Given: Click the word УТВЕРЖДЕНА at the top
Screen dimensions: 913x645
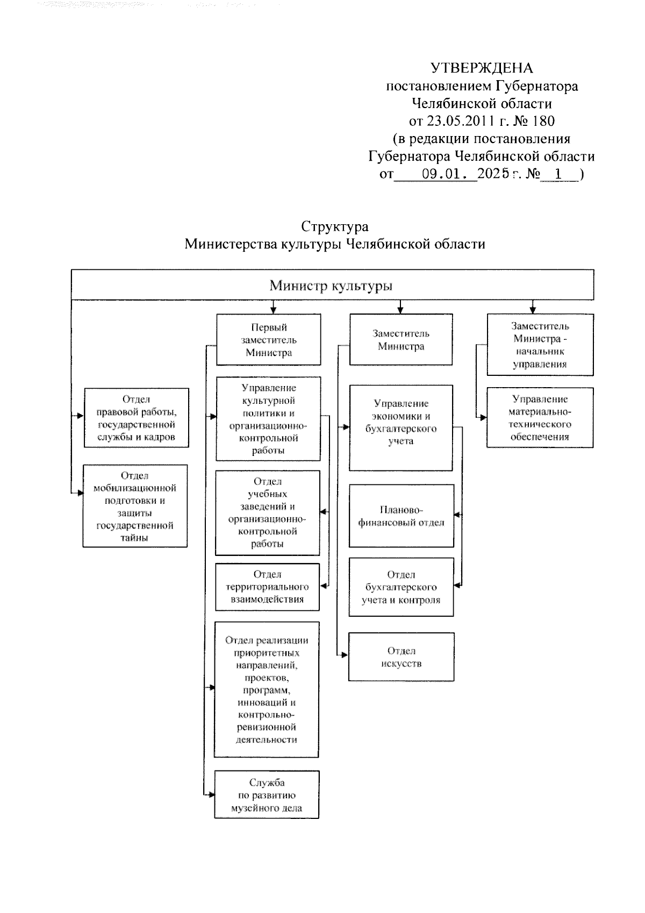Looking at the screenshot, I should tap(482, 68).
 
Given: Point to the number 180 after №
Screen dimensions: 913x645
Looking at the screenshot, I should tap(543, 120).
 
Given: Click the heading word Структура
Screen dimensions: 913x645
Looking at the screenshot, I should tap(334, 226).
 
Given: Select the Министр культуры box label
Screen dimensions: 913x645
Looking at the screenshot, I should tap(331, 285).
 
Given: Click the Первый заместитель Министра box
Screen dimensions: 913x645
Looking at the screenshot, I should tap(269, 340).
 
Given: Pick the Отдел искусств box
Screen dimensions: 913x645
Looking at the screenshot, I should tap(401, 657).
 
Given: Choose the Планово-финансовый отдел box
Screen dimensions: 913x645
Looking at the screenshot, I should tap(401, 516).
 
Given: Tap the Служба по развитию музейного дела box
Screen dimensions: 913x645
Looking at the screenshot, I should tap(267, 795).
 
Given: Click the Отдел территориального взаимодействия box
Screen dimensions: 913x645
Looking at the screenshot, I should tap(267, 587).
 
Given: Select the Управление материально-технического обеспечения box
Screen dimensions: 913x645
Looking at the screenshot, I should tap(540, 418).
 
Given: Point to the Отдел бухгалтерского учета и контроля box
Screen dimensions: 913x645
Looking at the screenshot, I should tap(401, 587).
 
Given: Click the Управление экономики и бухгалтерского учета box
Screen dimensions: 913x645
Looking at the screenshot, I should tap(401, 428).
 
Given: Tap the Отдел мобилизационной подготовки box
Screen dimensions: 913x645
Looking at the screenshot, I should tap(135, 506).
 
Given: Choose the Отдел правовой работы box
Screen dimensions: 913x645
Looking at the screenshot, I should tap(137, 418).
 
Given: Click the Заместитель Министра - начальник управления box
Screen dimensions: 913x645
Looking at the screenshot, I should tap(540, 345).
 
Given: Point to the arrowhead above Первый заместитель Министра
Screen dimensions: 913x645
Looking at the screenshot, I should tap(274, 310).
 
